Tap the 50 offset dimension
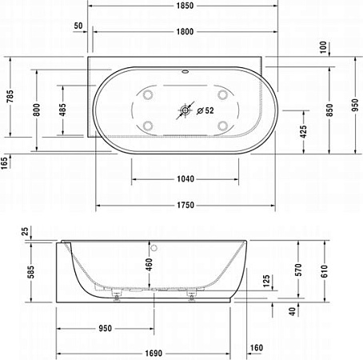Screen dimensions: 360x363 click(78, 26)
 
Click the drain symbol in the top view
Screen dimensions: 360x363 click(185, 110)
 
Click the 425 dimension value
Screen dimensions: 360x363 click(302, 130)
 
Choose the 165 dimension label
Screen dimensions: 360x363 click(6, 164)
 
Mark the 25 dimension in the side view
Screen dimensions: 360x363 click(24, 231)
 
